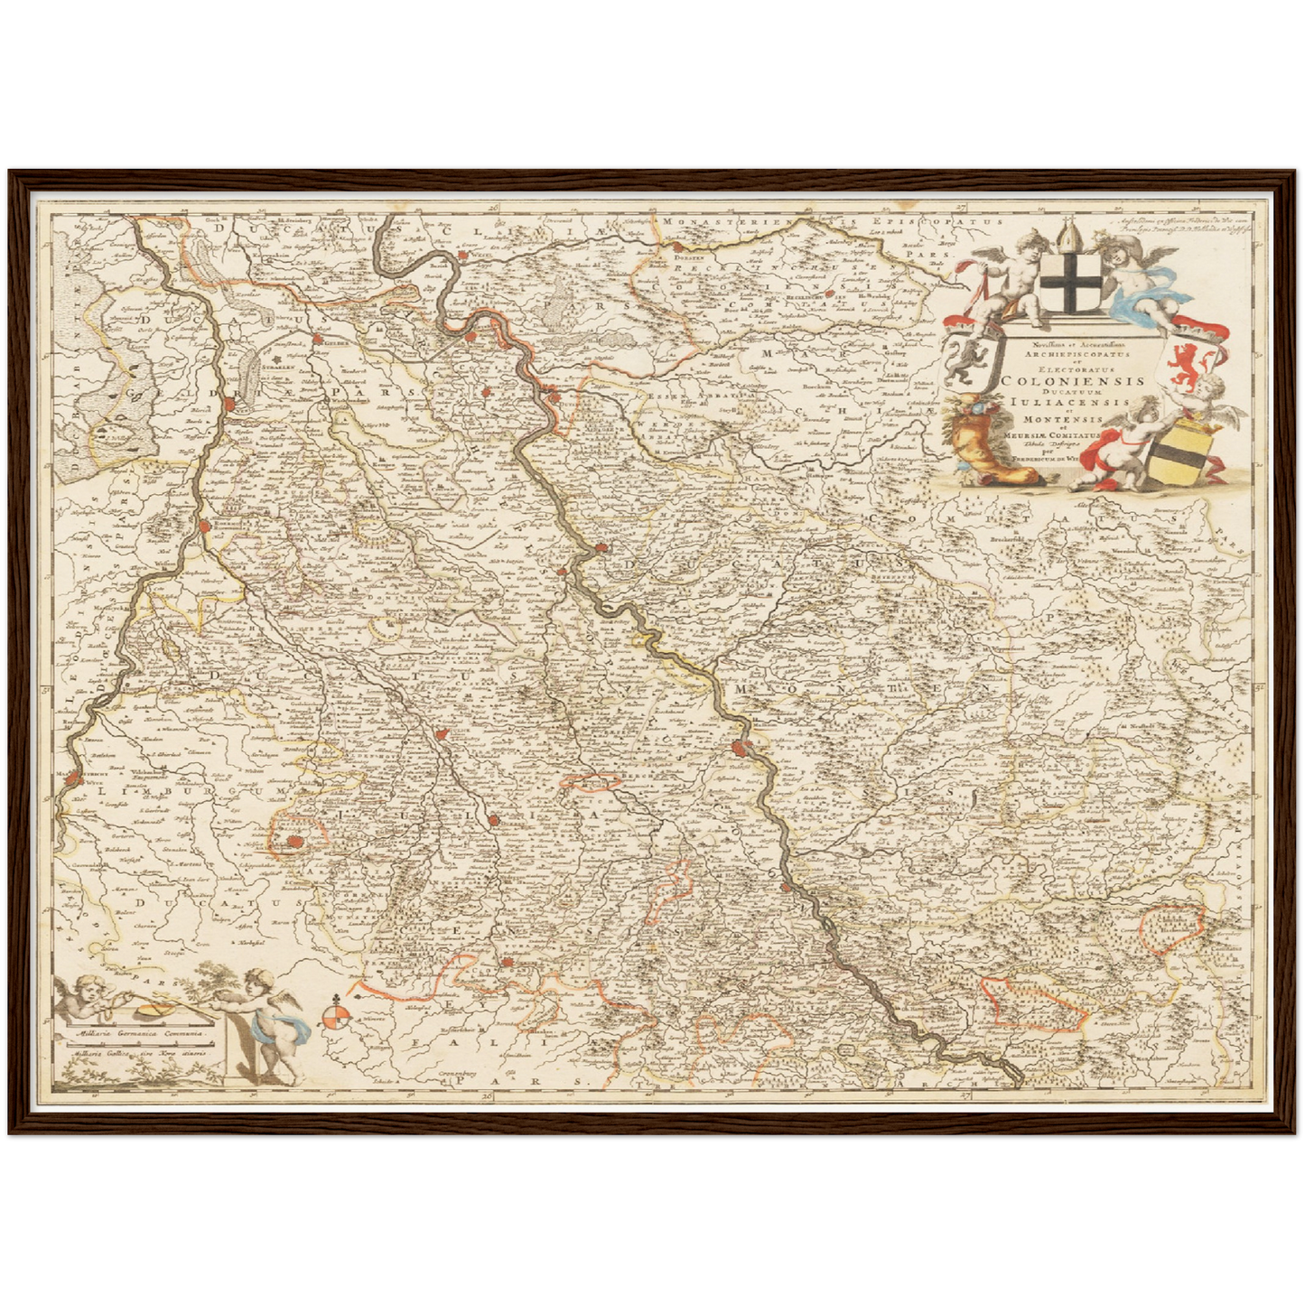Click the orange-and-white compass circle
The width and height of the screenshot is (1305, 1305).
point(334,1021)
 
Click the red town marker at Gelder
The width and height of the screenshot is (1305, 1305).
point(319,340)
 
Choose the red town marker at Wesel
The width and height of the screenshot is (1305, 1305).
point(462,256)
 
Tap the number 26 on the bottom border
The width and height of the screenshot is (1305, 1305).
point(489,1095)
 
